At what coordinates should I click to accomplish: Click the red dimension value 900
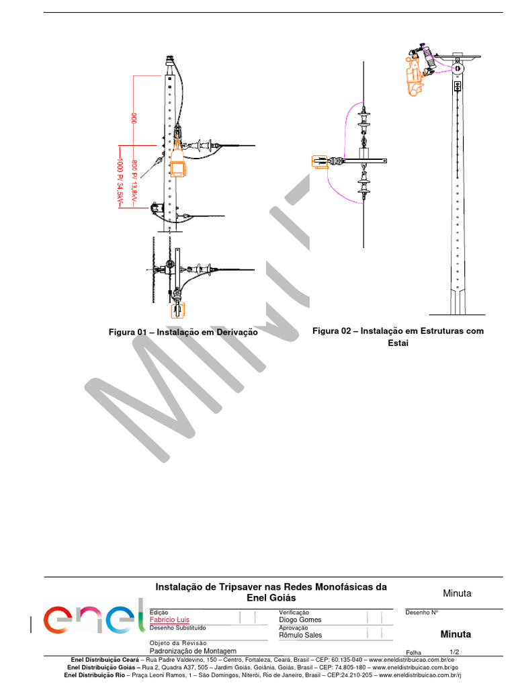pyautogui.click(x=134, y=118)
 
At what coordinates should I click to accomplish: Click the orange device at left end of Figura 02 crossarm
pyautogui.click(x=319, y=161)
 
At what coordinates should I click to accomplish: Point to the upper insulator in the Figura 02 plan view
pyautogui.click(x=363, y=122)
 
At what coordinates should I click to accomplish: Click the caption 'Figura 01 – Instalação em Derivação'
pyautogui.click(x=183, y=332)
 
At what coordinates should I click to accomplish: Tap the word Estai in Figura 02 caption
pyautogui.click(x=398, y=343)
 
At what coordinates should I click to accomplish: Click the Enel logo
pyautogui.click(x=94, y=617)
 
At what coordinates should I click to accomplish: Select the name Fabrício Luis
pyautogui.click(x=169, y=619)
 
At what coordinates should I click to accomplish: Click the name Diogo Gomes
pyautogui.click(x=300, y=619)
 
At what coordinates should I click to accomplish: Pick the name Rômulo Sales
pyautogui.click(x=300, y=635)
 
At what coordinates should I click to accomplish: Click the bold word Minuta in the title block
pyautogui.click(x=456, y=634)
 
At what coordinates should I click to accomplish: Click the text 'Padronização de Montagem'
pyautogui.click(x=193, y=651)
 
